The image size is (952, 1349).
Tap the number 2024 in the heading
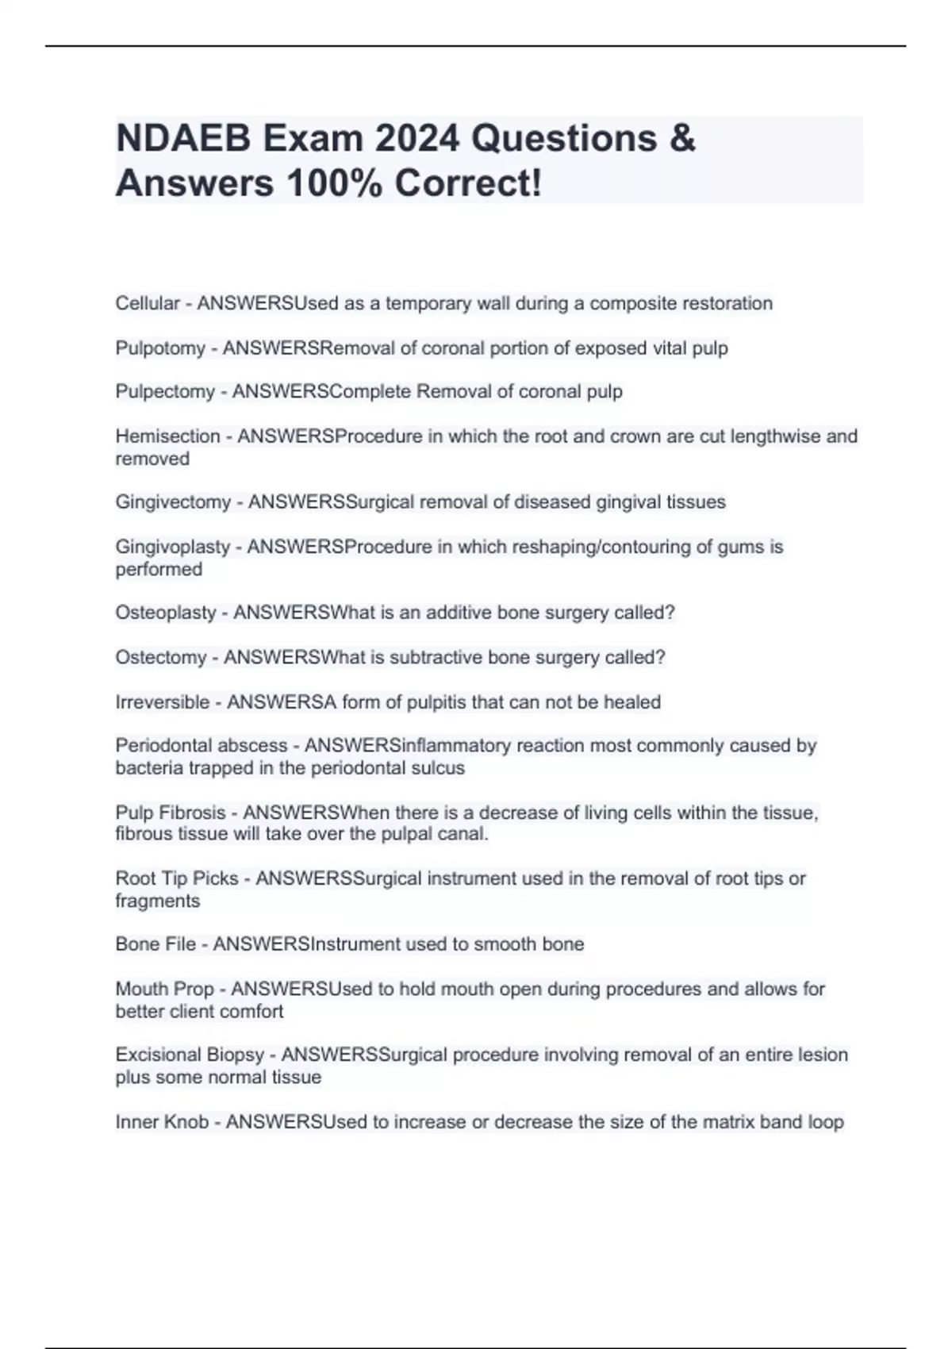[416, 139]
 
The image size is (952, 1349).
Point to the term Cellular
[148, 303]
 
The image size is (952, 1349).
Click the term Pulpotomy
[160, 348]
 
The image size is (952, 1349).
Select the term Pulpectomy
[165, 392]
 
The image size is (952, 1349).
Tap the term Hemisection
[167, 436]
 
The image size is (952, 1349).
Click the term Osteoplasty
[166, 613]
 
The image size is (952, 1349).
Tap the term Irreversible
[163, 702]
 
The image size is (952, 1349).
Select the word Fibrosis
[193, 813]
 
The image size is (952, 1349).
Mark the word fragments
[157, 901]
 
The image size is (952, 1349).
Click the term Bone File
[155, 944]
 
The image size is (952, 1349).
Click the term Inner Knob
[162, 1122]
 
